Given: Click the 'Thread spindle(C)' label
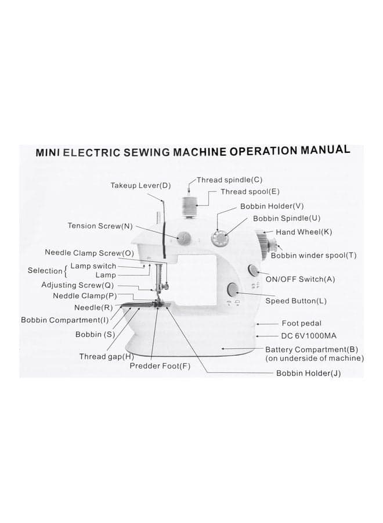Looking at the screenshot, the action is pos(229,180).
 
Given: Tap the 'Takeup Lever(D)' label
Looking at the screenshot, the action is pos(140,185).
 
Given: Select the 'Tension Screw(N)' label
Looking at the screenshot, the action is pos(100,226).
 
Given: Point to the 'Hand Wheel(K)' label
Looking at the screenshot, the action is pos(303,232).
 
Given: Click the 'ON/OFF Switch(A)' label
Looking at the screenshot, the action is pos(300,279).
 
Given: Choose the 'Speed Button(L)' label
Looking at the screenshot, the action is pos(296,301).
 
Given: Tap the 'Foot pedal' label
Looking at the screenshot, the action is pos(301,323).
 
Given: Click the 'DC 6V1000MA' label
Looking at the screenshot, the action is pos(309,335).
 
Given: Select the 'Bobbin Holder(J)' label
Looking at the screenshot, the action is pos(308,373).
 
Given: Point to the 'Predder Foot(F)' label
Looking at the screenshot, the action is pos(160,366).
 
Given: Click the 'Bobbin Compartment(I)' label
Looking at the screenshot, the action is pos(65,320).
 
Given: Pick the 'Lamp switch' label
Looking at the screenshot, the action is pos(93,266).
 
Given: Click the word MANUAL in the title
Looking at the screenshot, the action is pos(326,150).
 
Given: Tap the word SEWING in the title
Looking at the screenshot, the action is pos(147,152).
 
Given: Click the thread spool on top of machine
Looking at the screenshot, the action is pos(190,206).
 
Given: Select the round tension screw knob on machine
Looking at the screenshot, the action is pos(183,238).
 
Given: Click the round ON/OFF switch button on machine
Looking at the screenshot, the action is pos(253,270).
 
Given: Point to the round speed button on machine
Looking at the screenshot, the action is pos(233,289).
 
